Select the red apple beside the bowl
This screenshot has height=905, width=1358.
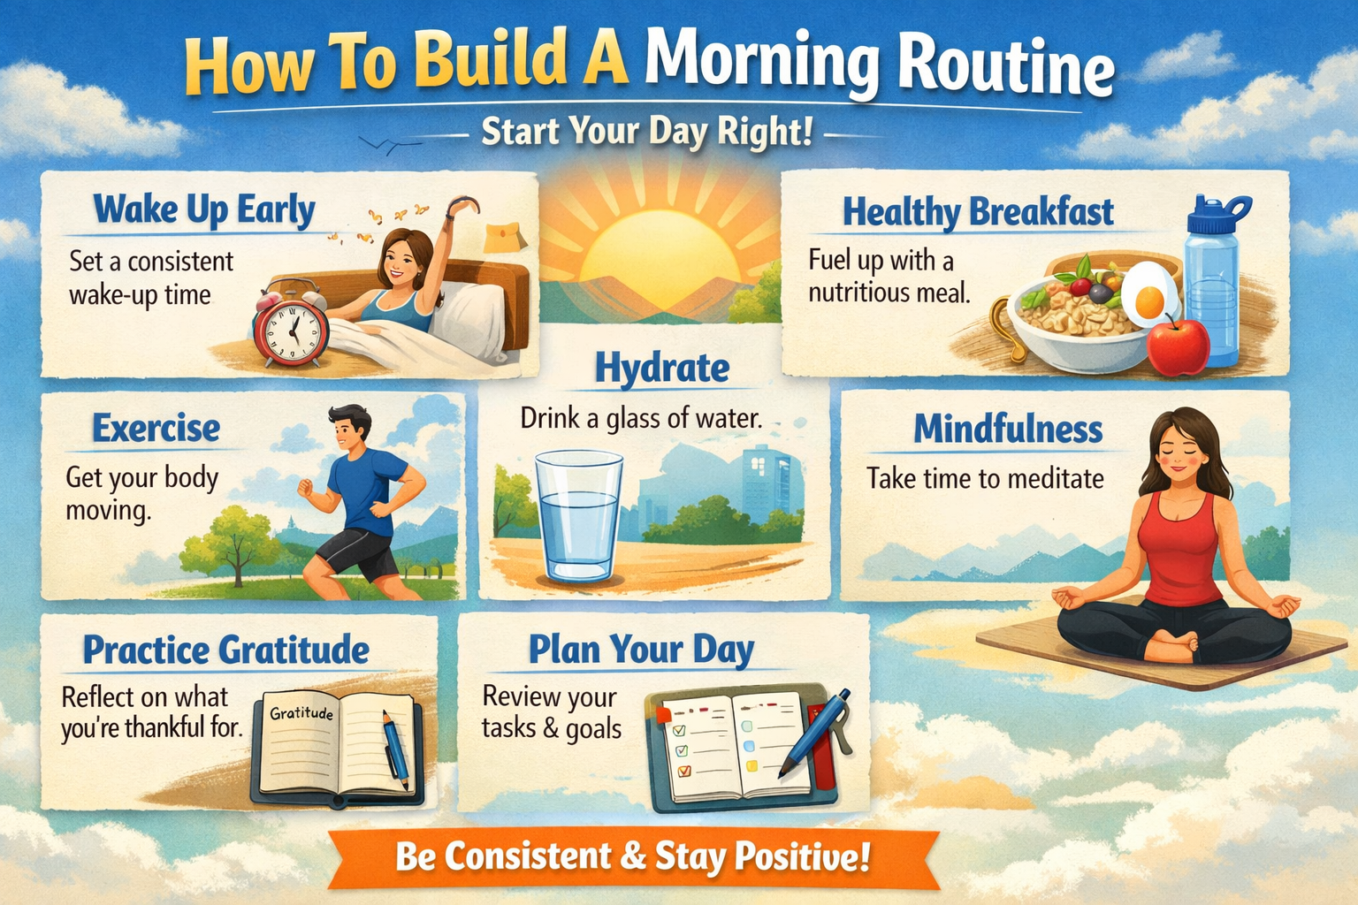click(1178, 346)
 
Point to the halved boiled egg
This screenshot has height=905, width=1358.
click(1148, 294)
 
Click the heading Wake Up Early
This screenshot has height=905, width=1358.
click(204, 211)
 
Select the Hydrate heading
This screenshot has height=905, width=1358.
click(662, 368)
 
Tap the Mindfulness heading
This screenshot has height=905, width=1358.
click(1008, 430)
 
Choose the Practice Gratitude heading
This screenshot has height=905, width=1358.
click(226, 650)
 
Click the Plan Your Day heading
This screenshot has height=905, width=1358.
click(641, 650)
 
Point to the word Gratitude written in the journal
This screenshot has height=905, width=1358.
click(301, 712)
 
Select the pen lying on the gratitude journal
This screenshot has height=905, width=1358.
click(396, 752)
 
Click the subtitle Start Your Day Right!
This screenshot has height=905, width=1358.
click(646, 133)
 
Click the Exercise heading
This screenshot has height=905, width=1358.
click(156, 429)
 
